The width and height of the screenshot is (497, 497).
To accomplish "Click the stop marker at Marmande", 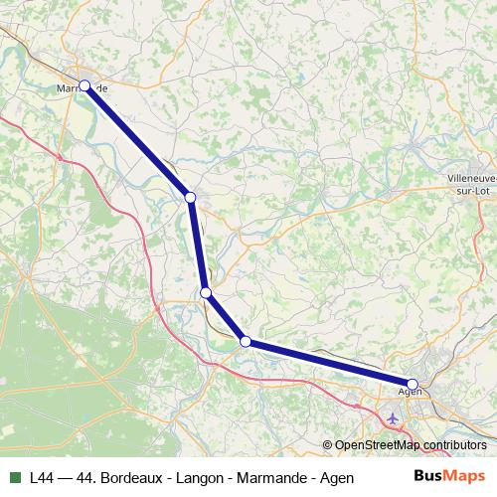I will [84, 85].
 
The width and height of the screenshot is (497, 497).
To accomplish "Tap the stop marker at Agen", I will [413, 384].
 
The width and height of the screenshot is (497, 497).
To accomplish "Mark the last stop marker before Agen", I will [245, 342].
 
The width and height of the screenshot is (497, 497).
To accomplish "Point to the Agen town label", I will [410, 393].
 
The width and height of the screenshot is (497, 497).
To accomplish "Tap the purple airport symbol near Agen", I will [394, 416].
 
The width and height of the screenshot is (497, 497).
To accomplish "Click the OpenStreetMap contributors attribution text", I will [411, 445].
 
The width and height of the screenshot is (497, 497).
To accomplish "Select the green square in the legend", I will [14, 477].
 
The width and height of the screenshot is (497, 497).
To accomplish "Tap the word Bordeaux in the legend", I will [133, 477].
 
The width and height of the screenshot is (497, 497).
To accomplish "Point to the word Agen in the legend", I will [338, 477].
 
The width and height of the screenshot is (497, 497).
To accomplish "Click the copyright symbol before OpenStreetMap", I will [328, 445].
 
